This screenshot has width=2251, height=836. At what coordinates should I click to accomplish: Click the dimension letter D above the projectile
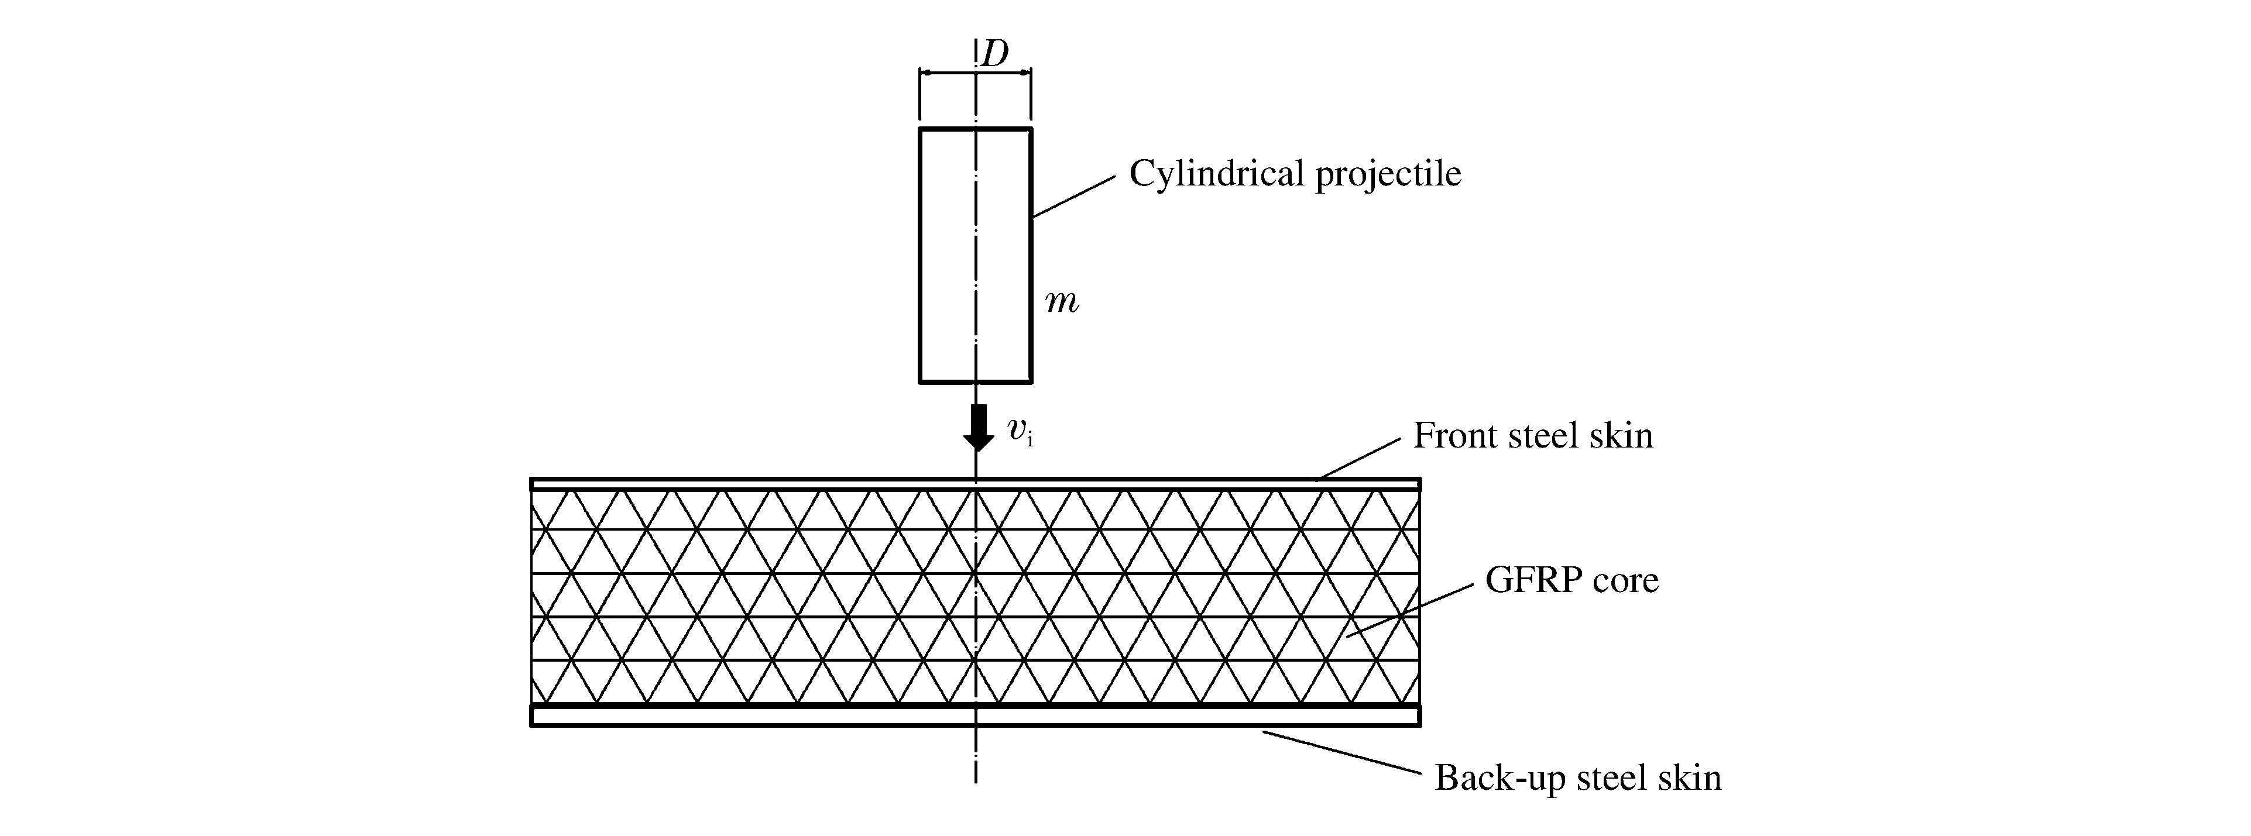click(x=994, y=54)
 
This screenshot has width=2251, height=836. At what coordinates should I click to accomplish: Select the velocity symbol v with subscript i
click(x=1020, y=431)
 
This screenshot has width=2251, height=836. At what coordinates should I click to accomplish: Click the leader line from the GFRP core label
click(x=1409, y=611)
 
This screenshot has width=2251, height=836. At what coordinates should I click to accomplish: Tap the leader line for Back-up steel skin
click(x=1341, y=752)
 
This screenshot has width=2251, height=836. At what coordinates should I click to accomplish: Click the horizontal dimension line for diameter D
click(x=948, y=73)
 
